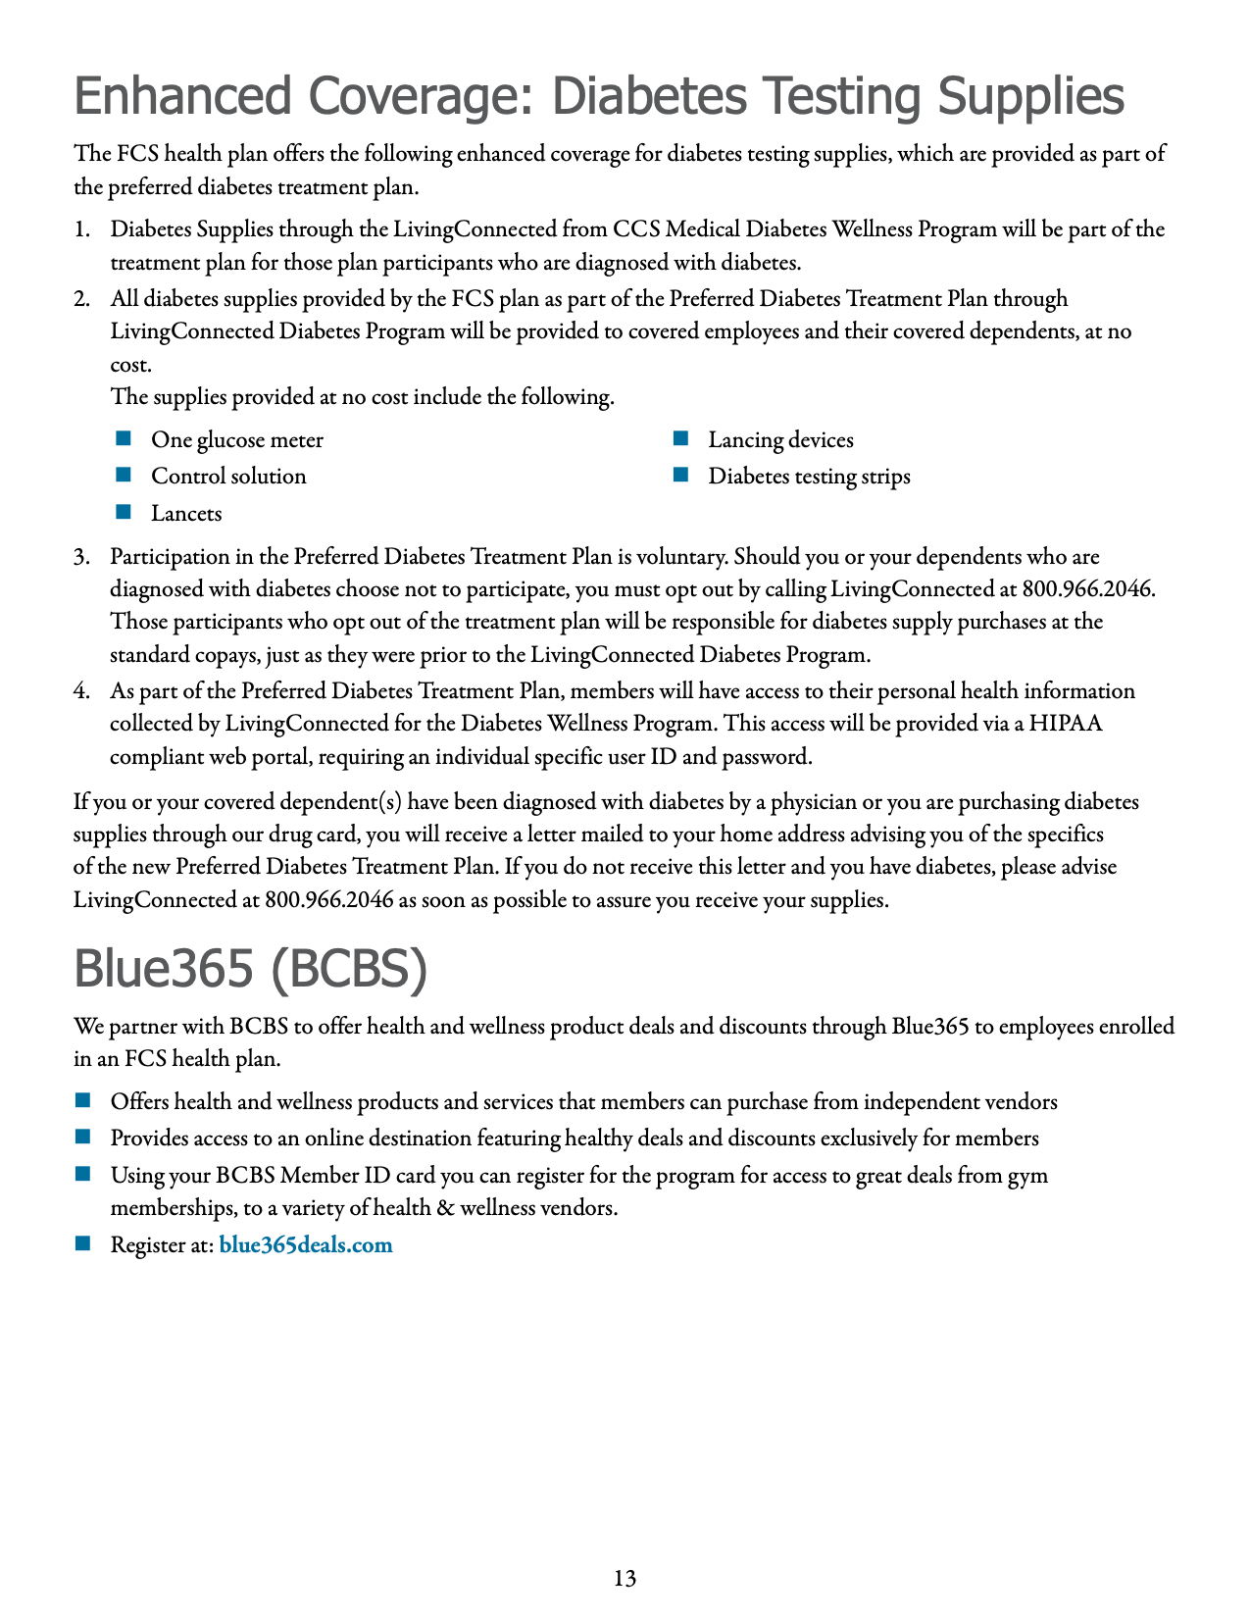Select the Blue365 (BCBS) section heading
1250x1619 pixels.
tap(251, 969)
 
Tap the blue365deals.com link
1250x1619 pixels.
tap(306, 1245)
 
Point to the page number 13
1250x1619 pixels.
tap(625, 1578)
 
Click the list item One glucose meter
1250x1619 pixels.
tap(236, 440)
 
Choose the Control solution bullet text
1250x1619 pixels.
tap(228, 477)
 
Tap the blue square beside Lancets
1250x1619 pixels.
tap(124, 512)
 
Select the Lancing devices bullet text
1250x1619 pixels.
tap(780, 440)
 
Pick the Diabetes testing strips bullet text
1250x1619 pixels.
tap(809, 477)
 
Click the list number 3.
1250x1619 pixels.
tap(81, 557)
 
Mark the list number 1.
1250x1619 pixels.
tap(81, 229)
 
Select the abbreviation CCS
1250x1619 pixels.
tap(636, 229)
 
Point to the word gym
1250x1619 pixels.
tap(1029, 1175)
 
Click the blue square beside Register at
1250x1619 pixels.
tap(82, 1243)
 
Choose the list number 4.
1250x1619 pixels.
tap(81, 691)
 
